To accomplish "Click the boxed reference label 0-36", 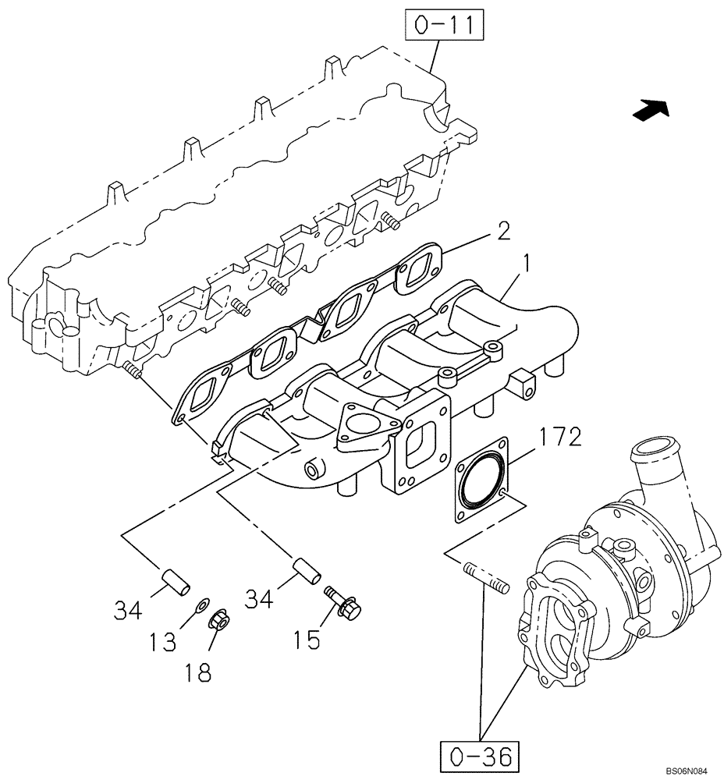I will [479, 756].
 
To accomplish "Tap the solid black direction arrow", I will [651, 112].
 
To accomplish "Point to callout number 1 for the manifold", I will [526, 266].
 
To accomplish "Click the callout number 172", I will [559, 438].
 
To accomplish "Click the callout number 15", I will [307, 640].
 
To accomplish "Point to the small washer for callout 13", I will [201, 603].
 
